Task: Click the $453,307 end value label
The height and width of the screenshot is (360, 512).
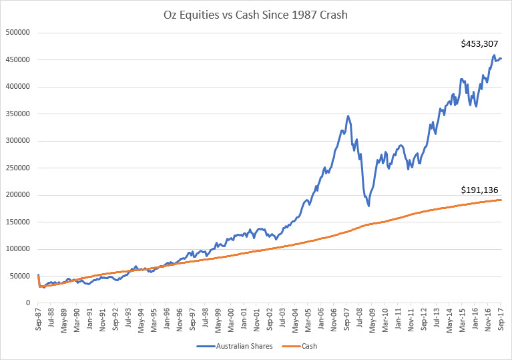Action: click(x=479, y=44)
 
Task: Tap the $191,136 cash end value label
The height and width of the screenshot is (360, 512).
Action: click(x=479, y=190)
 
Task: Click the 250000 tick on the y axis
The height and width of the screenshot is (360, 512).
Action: click(x=19, y=168)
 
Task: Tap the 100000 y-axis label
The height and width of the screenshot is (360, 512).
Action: click(x=19, y=249)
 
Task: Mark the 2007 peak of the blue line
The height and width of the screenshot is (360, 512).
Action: click(x=348, y=116)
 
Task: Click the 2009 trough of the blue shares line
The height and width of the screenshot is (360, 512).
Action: click(x=368, y=205)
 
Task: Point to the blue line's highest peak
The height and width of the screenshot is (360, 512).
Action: click(x=494, y=55)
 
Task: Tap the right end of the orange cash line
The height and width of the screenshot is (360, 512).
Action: click(x=501, y=200)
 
